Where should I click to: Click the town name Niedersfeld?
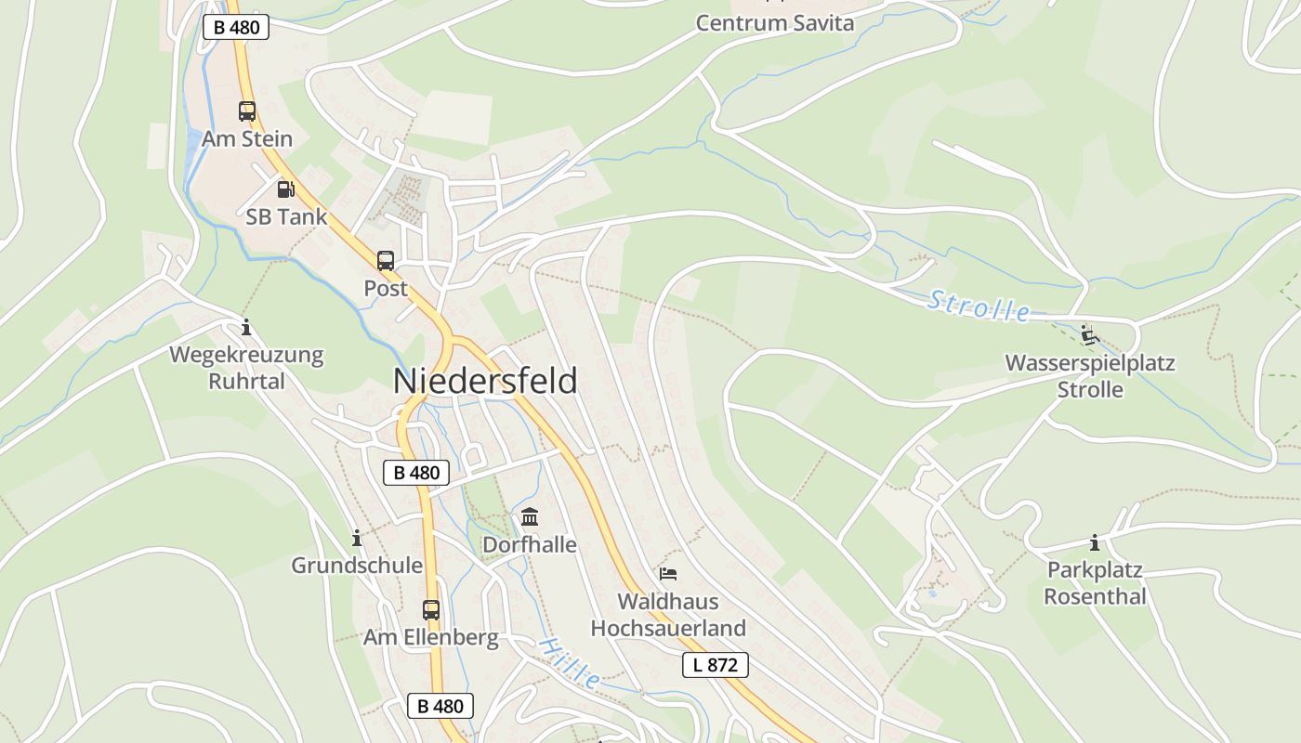click(485, 381)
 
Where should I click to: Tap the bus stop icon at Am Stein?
click(246, 111)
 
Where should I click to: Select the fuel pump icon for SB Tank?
click(286, 189)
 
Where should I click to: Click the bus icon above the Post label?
click(386, 261)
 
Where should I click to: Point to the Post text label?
click(386, 289)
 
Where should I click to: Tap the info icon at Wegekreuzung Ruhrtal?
click(246, 327)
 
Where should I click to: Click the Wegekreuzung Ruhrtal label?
click(246, 368)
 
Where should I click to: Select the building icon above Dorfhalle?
click(530, 516)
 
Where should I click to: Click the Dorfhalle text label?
click(530, 545)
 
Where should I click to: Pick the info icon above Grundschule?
click(356, 538)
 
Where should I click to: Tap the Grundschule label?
click(357, 566)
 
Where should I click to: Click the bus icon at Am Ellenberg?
click(431, 610)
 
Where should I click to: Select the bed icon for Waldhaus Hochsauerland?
click(668, 574)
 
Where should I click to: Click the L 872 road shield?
click(716, 665)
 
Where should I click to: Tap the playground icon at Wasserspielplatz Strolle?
click(1090, 334)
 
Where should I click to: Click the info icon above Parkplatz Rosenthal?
click(1095, 542)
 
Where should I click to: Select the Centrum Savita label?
click(775, 23)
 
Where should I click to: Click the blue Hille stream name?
click(569, 663)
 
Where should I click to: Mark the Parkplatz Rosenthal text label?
click(1095, 583)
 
